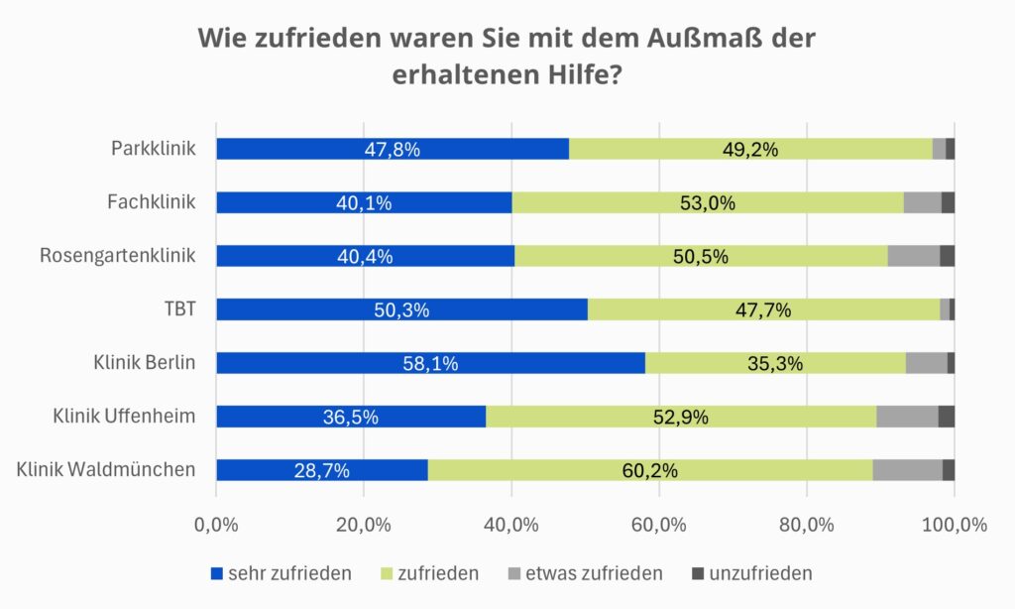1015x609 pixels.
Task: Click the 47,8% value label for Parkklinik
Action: pyautogui.click(x=392, y=150)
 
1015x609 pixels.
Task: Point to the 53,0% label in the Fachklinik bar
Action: pyautogui.click(x=707, y=203)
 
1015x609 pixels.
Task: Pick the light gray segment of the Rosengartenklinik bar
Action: pyautogui.click(x=913, y=256)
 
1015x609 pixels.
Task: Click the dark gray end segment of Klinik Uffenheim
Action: pyautogui.click(x=947, y=417)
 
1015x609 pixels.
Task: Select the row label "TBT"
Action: pyautogui.click(x=178, y=309)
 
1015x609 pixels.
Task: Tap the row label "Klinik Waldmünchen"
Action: pyautogui.click(x=106, y=469)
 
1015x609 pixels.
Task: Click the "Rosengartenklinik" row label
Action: pyautogui.click(x=117, y=256)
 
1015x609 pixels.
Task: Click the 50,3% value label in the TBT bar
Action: pyautogui.click(x=401, y=310)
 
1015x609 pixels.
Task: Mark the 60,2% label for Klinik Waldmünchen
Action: pyautogui.click(x=649, y=471)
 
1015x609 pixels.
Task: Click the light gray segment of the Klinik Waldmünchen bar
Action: pyautogui.click(x=907, y=470)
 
